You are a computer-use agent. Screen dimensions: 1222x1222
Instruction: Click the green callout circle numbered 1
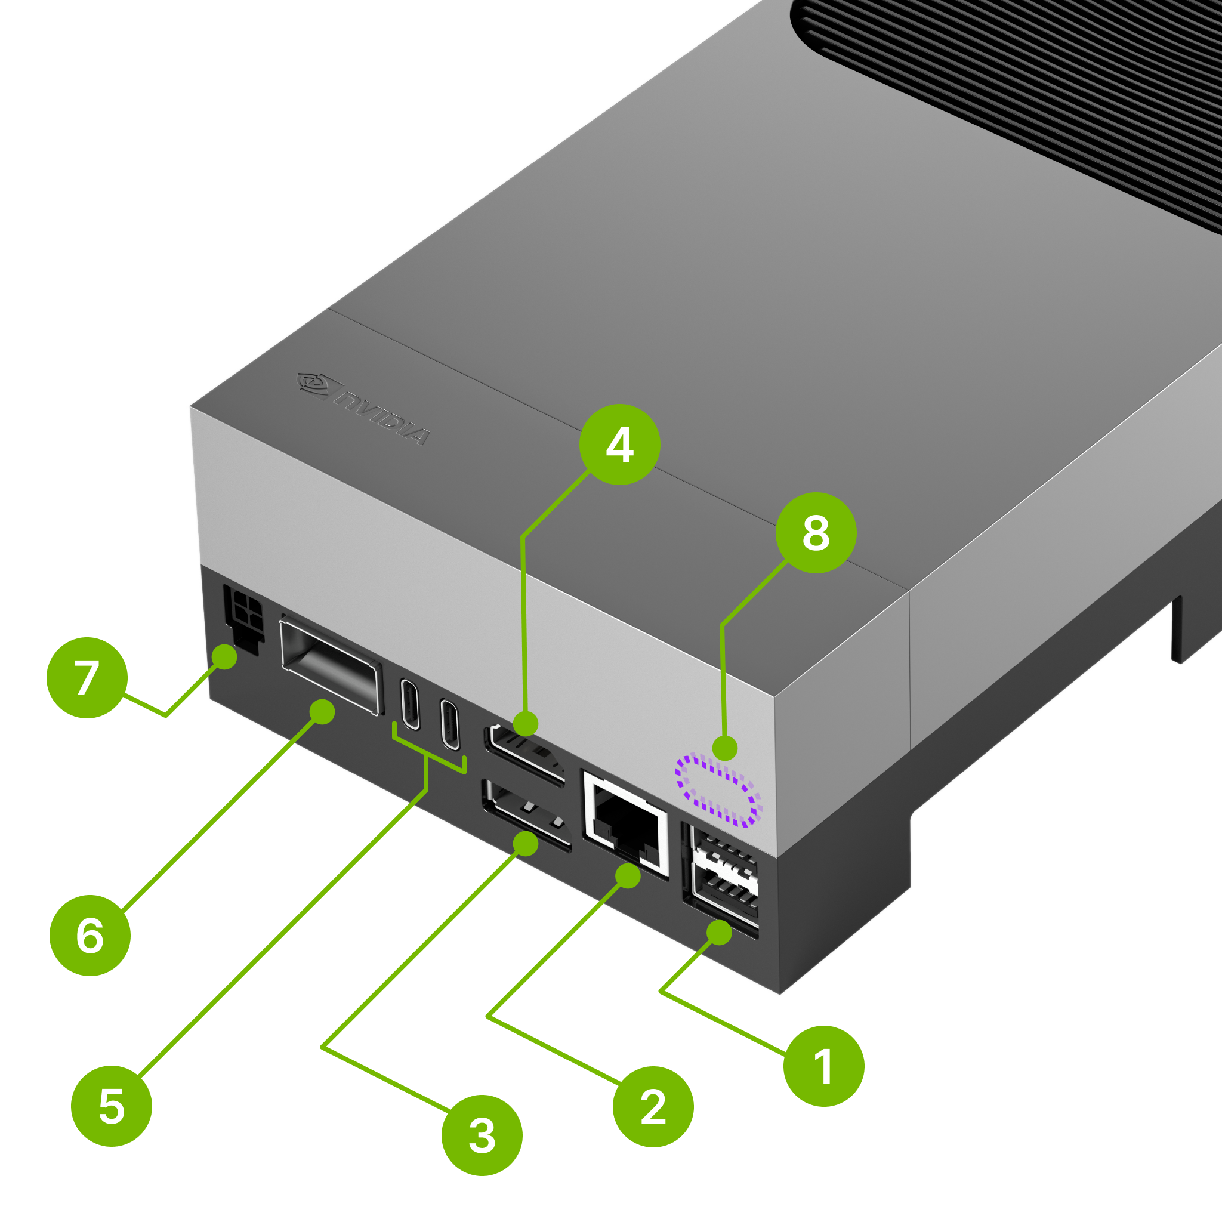pos(823,1066)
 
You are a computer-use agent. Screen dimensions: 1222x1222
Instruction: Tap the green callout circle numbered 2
pos(653,1107)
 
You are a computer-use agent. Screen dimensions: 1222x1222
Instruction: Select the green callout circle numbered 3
pos(482,1135)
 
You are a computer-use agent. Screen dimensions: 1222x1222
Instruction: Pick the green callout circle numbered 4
pos(620,445)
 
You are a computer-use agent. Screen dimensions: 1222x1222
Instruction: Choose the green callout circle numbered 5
pos(112,1106)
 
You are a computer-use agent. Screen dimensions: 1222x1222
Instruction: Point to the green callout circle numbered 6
pos(90,936)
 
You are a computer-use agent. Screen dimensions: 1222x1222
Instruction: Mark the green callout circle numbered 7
pos(87,677)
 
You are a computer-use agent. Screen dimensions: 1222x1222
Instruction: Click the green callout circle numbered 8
pos(816,533)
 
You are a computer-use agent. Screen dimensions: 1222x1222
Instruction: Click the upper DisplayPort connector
pos(524,755)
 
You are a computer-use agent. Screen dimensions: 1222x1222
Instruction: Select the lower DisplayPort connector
pos(526,815)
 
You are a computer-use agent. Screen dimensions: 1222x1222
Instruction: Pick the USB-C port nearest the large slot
pos(410,705)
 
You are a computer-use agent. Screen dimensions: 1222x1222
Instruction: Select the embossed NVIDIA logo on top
pos(364,409)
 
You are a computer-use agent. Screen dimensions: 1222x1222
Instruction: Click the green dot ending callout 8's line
pos(725,748)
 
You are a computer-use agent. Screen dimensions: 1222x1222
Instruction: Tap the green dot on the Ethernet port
pos(628,876)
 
